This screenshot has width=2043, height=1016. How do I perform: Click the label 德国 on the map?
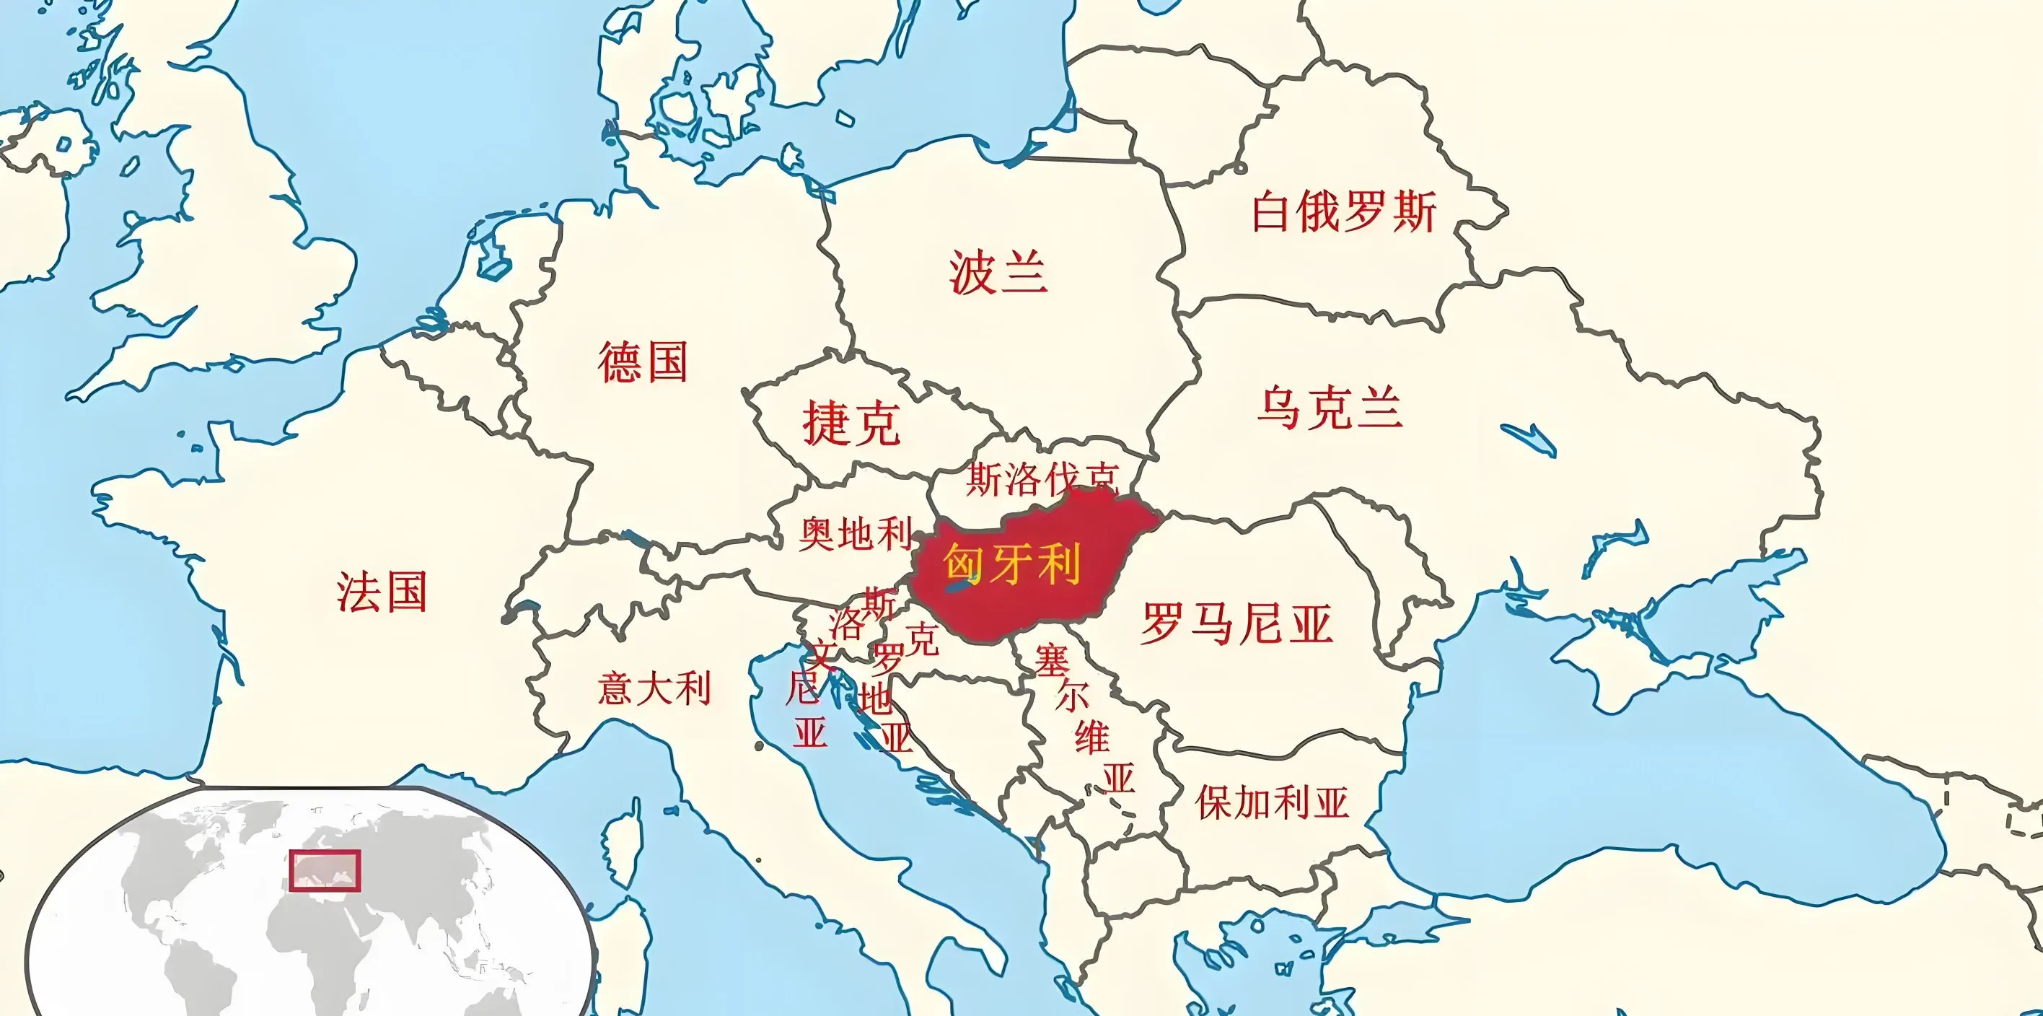642,362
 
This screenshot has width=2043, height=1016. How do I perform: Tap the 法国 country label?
382,592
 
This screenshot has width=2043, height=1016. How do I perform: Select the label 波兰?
998,272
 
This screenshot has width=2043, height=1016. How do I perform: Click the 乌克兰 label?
1330,408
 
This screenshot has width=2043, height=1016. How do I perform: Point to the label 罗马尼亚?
1236,623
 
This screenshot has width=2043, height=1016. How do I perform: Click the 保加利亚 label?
1272,802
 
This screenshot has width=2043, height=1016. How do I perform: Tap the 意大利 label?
654,688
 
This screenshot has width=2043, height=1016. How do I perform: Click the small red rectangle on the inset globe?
325,870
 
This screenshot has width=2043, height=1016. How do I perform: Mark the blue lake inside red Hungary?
957,587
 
